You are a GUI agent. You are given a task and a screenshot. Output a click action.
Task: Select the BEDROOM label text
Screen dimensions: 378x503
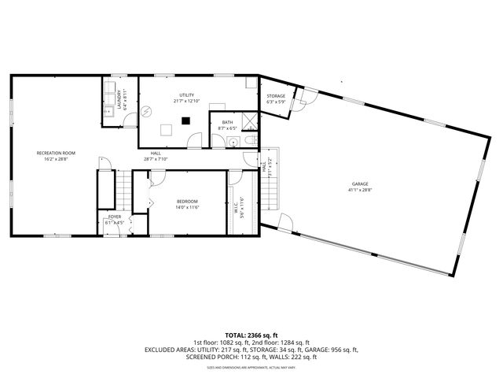187,201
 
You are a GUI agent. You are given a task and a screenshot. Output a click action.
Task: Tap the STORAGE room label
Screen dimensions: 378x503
276,96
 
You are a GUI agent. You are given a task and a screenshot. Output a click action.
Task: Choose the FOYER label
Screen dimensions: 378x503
115,216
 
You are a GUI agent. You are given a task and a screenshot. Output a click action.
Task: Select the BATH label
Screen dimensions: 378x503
227,122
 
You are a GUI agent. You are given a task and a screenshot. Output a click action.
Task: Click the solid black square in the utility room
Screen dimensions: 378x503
186,120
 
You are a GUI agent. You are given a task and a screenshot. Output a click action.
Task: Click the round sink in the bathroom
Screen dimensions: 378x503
233,142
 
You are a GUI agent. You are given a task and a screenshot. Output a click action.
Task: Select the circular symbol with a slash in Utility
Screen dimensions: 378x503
146,113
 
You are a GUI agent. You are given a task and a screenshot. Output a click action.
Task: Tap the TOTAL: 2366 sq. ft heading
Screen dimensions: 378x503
251,335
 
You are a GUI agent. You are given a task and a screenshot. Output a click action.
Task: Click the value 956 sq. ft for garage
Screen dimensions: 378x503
343,350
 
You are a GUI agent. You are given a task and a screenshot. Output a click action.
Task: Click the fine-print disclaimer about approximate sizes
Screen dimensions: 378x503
251,367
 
